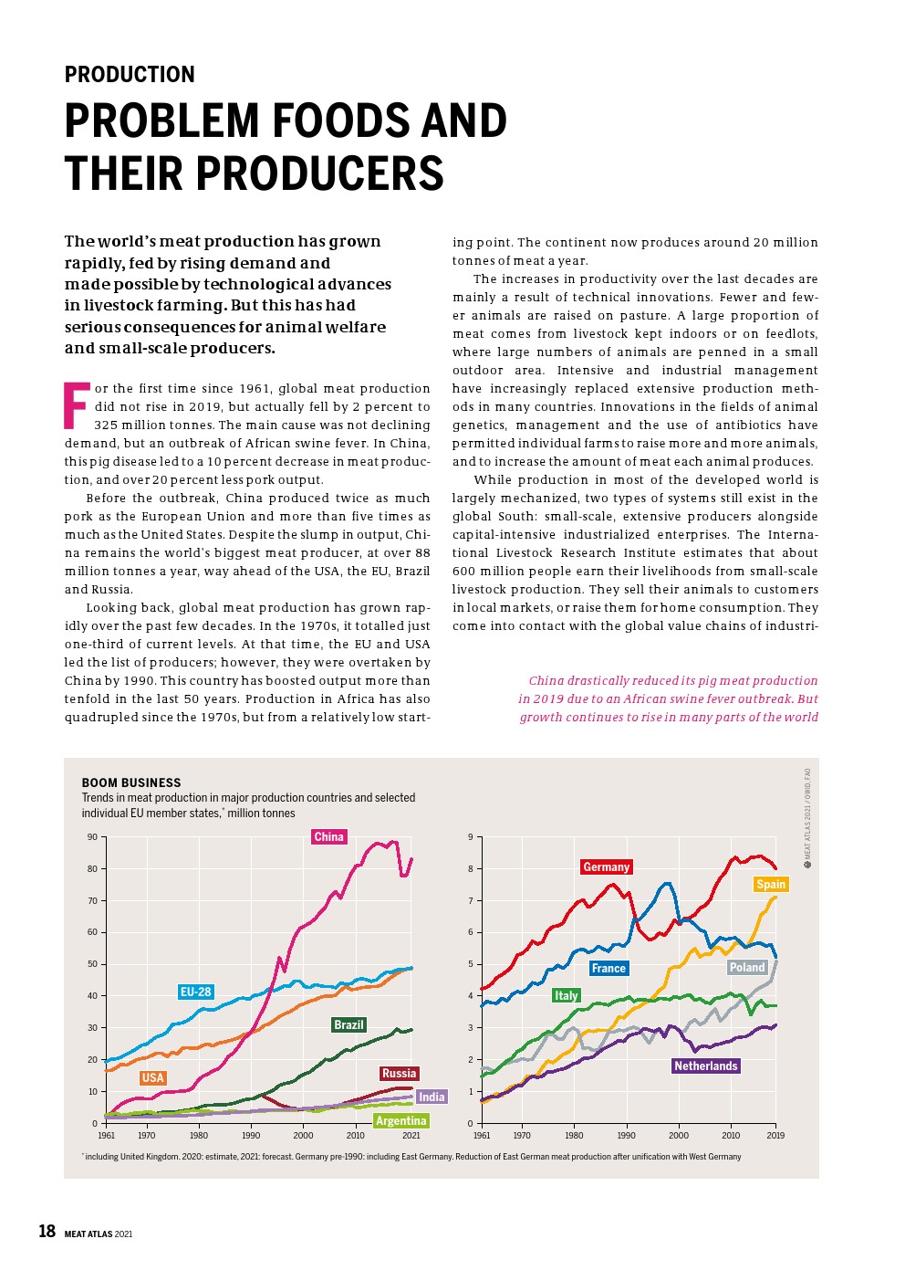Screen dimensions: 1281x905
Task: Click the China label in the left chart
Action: pos(328,836)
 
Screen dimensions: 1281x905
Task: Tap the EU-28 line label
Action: pos(195,992)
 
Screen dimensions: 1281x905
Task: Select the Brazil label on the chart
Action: pos(348,1024)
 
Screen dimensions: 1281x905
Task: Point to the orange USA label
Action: pos(152,1077)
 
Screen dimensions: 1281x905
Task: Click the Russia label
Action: pos(399,1073)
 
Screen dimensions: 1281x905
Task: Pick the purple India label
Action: pos(432,1097)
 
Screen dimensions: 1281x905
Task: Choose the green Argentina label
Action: pos(401,1120)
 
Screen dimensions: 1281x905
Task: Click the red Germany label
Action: pos(606,866)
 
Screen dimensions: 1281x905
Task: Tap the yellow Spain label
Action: pos(771,884)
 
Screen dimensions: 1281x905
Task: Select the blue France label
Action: pos(609,968)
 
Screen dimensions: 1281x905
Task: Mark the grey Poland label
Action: pos(747,967)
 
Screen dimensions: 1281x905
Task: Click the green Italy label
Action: pos(566,995)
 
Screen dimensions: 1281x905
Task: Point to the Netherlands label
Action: pos(705,1066)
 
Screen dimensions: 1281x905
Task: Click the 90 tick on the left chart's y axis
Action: pos(92,837)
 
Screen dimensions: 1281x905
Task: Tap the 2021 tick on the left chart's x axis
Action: pos(411,1136)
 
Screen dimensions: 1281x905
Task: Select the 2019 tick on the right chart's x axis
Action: pos(775,1136)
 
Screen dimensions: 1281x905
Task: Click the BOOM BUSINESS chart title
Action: pos(131,782)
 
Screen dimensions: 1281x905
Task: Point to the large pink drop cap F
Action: pos(77,406)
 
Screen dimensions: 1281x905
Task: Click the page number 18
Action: pos(47,1231)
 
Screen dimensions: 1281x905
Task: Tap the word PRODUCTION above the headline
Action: pos(130,75)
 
